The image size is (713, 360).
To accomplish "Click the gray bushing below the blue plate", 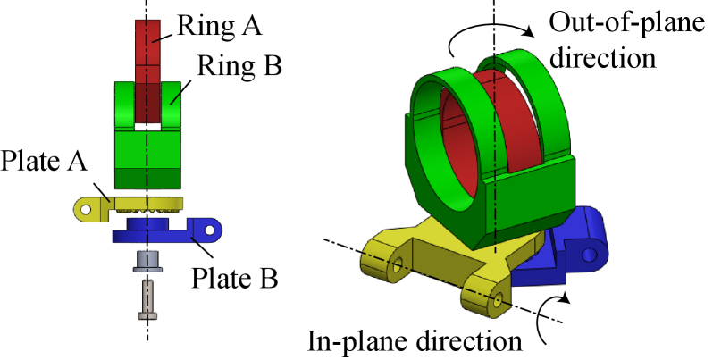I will pos(147,261).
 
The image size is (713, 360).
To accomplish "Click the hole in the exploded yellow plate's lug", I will pos(86,209).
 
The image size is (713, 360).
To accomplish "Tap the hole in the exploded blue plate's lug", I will pos(210,230).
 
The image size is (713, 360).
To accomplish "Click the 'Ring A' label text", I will pos(210,26).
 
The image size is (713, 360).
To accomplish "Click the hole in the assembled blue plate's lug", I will pos(588,255).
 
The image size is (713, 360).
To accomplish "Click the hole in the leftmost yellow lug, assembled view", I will pos(398,264).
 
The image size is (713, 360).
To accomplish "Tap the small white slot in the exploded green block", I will pos(147,128).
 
